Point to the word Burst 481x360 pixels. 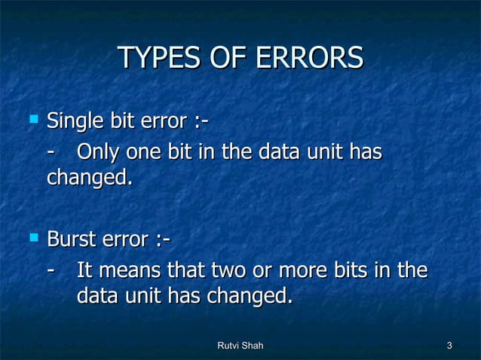(x=72, y=241)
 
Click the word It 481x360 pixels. (x=85, y=271)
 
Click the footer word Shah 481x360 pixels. (x=254, y=346)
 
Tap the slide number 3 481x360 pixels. (x=449, y=346)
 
